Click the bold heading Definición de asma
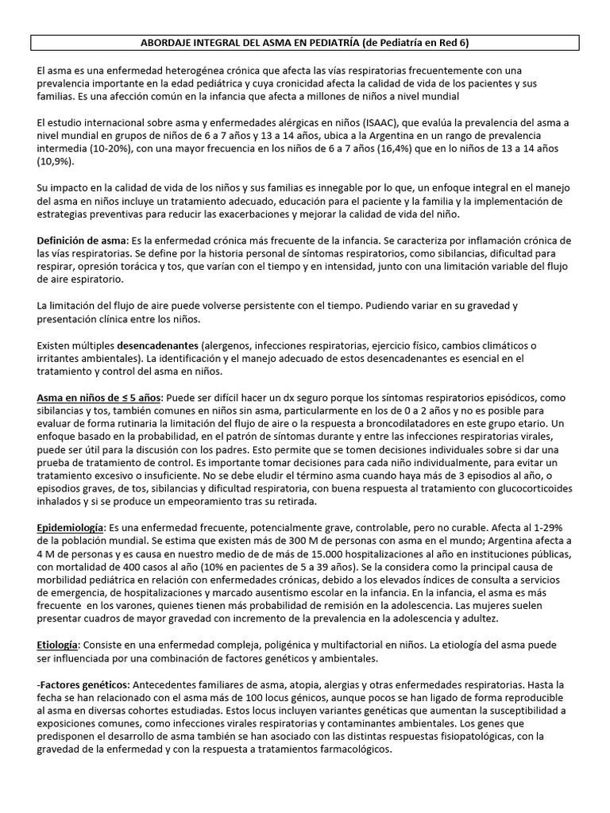[82, 241]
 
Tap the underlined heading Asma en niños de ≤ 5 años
[99, 397]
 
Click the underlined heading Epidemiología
[70, 528]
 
